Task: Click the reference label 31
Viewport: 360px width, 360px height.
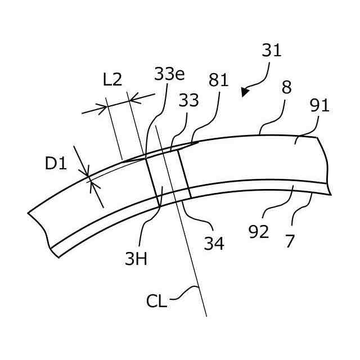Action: tap(271, 51)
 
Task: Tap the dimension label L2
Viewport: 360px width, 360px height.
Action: tap(112, 79)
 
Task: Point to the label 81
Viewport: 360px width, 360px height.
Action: tap(218, 80)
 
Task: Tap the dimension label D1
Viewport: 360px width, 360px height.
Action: tap(56, 164)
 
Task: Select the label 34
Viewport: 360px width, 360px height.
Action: tap(214, 243)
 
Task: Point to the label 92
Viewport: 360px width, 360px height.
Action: tap(259, 231)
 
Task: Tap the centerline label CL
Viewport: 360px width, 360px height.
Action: tap(156, 300)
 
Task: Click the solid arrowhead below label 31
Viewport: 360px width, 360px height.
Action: tap(244, 92)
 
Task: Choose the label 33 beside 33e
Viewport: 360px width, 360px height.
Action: tap(188, 101)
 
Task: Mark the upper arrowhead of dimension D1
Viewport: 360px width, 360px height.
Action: tap(87, 175)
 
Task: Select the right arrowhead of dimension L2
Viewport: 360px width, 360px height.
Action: tap(133, 100)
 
